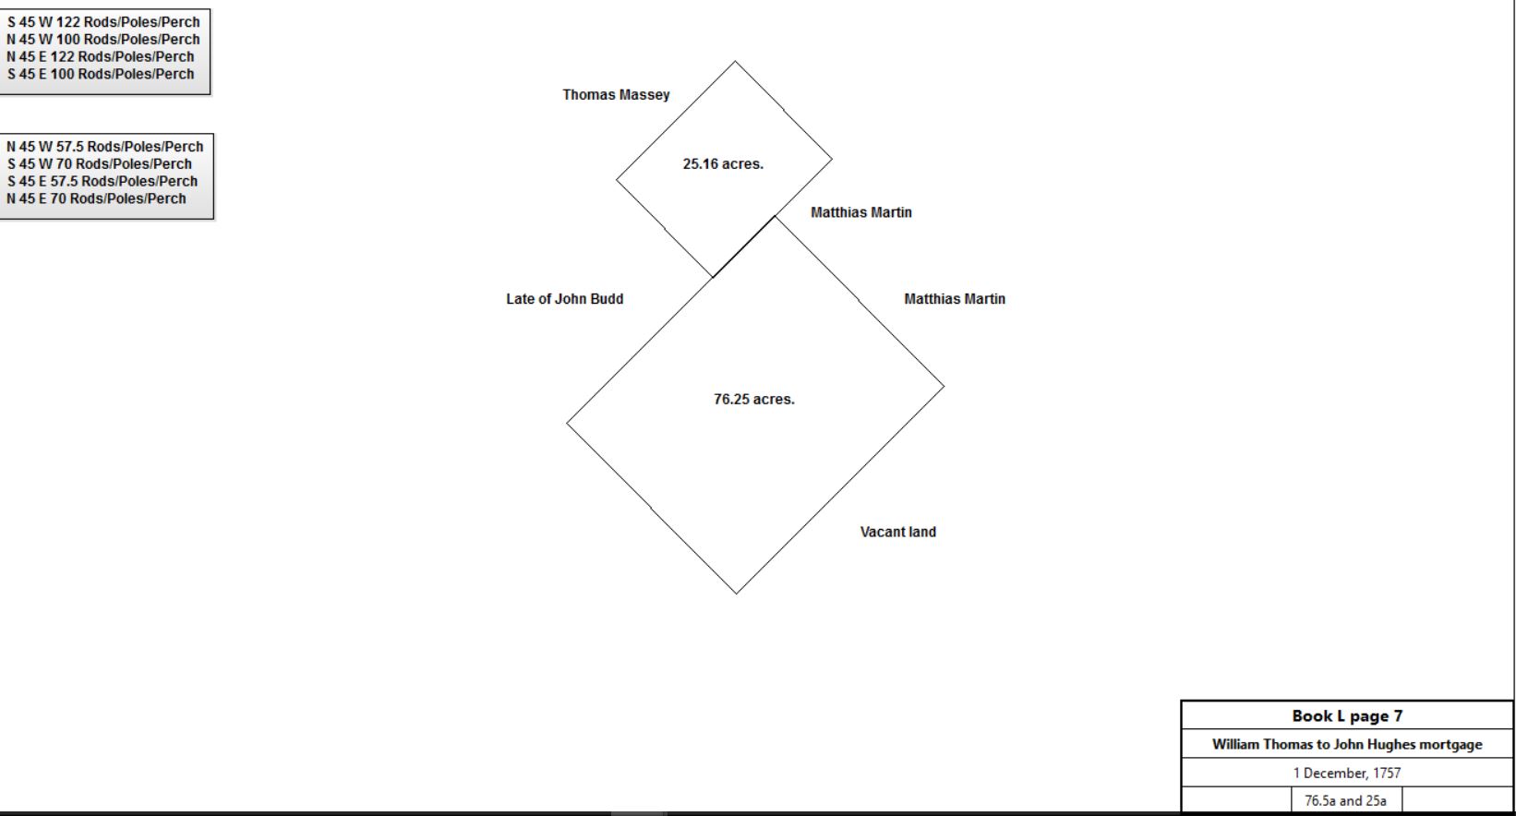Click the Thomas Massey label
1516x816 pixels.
pyautogui.click(x=616, y=95)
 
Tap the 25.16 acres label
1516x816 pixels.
pyautogui.click(x=723, y=163)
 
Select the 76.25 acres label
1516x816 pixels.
pyautogui.click(x=754, y=399)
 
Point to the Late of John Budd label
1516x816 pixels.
pyautogui.click(x=564, y=299)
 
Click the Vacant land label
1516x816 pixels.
pyautogui.click(x=898, y=532)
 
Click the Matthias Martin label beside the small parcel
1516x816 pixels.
pyautogui.click(x=860, y=212)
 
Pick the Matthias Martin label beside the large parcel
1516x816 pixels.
pyautogui.click(x=955, y=299)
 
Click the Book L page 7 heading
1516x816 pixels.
pyautogui.click(x=1347, y=716)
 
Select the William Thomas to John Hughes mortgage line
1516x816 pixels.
pyautogui.click(x=1347, y=744)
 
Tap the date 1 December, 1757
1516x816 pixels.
pyautogui.click(x=1347, y=773)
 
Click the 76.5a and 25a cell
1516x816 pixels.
pyautogui.click(x=1345, y=800)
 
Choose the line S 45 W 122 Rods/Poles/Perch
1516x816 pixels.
pyautogui.click(x=103, y=22)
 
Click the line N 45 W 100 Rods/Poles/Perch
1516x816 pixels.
pyautogui.click(x=102, y=40)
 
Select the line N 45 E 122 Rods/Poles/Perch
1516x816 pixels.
pyautogui.click(x=100, y=57)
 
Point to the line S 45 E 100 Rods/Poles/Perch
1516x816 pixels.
pyautogui.click(x=101, y=75)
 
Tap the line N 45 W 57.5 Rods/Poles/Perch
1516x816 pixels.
pyautogui.click(x=105, y=147)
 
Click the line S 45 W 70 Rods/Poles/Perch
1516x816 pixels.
pyautogui.click(x=100, y=164)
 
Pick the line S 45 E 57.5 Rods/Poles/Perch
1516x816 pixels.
pyautogui.click(x=102, y=181)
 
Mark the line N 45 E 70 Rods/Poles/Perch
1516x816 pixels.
pyautogui.click(x=96, y=199)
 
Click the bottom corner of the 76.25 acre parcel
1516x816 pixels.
pyautogui.click(x=737, y=594)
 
